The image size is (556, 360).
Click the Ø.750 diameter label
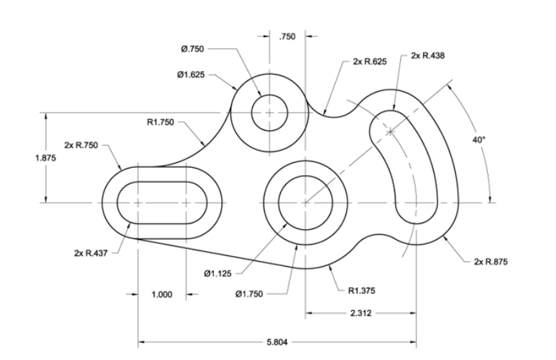click(x=193, y=49)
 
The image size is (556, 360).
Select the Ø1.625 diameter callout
click(x=191, y=73)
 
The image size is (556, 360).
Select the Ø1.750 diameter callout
click(x=263, y=292)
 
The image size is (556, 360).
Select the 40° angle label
click(x=479, y=140)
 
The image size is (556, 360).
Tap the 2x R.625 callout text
click(x=370, y=62)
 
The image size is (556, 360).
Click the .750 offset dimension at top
click(x=288, y=36)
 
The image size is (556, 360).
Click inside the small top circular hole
click(x=269, y=113)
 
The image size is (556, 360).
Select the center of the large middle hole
click(x=305, y=203)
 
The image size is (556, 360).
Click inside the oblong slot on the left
click(x=162, y=203)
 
